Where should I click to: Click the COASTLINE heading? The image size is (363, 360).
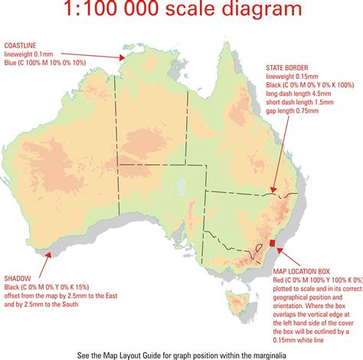coord(21,44)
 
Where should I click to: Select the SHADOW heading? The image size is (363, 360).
coord(17,278)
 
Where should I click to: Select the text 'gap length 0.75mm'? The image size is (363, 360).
coord(294,113)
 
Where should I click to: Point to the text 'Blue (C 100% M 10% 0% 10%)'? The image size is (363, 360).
coord(49,62)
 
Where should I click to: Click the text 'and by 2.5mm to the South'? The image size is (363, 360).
coord(47,306)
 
